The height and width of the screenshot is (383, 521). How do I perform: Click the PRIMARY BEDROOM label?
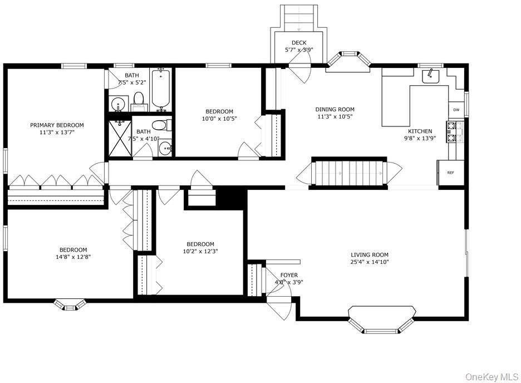coord(57,125)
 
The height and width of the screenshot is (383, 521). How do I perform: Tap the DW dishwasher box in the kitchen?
coord(456,110)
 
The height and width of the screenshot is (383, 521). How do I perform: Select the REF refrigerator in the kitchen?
coord(450,173)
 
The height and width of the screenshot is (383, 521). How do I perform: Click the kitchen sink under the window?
coord(431,76)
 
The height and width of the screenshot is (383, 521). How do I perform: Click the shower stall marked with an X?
coord(120,138)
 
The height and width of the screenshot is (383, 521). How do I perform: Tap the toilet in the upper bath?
coord(139,100)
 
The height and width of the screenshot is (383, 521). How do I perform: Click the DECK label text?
coord(299,43)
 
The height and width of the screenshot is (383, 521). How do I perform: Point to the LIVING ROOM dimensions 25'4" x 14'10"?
coord(370,262)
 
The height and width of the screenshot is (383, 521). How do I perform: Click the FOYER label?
coord(289,275)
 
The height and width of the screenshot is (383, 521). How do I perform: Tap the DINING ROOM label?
coord(335,109)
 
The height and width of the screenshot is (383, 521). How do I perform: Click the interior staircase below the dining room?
coord(349,173)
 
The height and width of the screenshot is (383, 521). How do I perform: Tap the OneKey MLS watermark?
coord(491,377)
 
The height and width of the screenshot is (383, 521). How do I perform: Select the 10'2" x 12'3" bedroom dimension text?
coord(200,251)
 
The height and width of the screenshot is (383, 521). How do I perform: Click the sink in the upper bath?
coord(118,104)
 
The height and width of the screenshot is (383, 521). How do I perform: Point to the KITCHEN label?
coord(420,131)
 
